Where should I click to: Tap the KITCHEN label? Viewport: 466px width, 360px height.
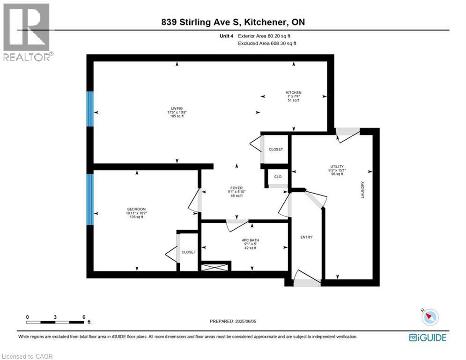(294, 93)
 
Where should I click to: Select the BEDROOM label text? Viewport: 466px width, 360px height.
(136, 209)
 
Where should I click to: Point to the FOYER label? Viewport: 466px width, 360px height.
(236, 188)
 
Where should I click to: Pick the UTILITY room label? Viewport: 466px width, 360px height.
(337, 166)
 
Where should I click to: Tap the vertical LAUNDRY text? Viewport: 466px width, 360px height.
(362, 190)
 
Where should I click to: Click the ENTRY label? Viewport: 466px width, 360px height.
(306, 237)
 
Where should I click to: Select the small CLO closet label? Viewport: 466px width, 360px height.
(278, 177)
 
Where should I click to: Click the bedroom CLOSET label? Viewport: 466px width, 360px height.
(189, 252)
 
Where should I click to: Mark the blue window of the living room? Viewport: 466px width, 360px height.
(90, 109)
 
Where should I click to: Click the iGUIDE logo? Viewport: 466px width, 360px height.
(427, 337)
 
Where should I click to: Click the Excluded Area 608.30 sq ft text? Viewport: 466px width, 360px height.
(267, 43)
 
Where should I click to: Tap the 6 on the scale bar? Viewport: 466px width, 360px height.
(83, 317)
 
